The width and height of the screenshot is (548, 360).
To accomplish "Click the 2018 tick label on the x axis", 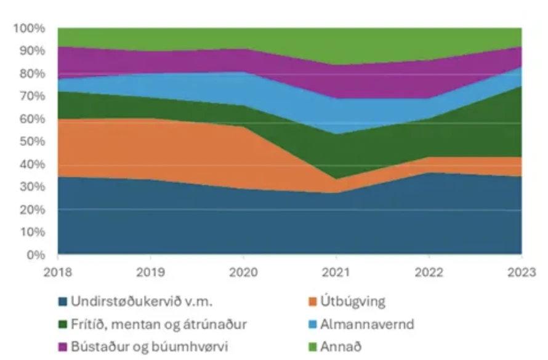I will coord(58,271).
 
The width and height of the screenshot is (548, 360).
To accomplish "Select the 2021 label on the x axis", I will coord(336,271).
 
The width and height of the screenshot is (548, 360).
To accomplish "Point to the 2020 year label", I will coord(243,271).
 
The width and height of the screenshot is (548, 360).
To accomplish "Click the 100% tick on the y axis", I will coord(30,28).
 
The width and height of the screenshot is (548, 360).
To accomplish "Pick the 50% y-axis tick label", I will coord(32,142).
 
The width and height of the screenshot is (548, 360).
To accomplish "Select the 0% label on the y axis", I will coord(36,255).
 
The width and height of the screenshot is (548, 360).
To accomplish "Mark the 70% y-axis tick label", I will coord(32,96).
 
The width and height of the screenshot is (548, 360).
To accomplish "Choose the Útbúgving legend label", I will coord(353,302).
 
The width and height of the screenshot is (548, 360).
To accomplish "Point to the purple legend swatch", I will coord(62,346).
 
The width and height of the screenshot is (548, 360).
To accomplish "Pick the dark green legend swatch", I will coord(62,324).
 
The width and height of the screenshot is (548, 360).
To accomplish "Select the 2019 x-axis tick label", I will coord(151,271).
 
